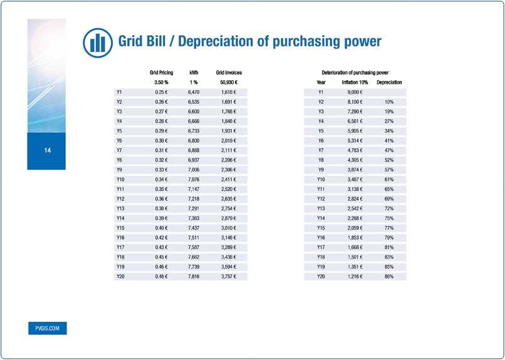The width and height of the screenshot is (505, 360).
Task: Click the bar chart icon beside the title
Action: click(97, 42)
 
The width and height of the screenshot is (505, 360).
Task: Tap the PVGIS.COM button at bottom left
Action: click(47, 328)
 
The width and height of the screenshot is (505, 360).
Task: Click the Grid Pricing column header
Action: click(161, 73)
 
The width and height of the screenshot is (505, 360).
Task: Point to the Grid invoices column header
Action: click(229, 73)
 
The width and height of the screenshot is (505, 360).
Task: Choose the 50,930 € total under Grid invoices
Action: click(229, 83)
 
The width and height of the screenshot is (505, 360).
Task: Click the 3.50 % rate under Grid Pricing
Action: click(161, 83)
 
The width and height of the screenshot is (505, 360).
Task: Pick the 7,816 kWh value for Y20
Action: click(194, 276)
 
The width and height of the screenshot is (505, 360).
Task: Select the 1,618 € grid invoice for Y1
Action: click(229, 92)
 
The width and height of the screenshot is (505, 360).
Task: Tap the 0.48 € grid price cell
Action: click(161, 276)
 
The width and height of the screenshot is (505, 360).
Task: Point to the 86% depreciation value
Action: click(389, 276)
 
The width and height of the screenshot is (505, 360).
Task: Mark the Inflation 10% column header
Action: click(355, 83)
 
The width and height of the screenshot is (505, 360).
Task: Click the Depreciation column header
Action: click(389, 83)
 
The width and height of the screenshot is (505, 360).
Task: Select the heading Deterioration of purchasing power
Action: click(355, 73)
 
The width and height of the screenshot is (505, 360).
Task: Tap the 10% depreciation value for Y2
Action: click(389, 101)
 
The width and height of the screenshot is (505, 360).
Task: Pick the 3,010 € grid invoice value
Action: click(229, 228)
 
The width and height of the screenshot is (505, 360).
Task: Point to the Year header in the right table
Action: click(321, 83)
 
